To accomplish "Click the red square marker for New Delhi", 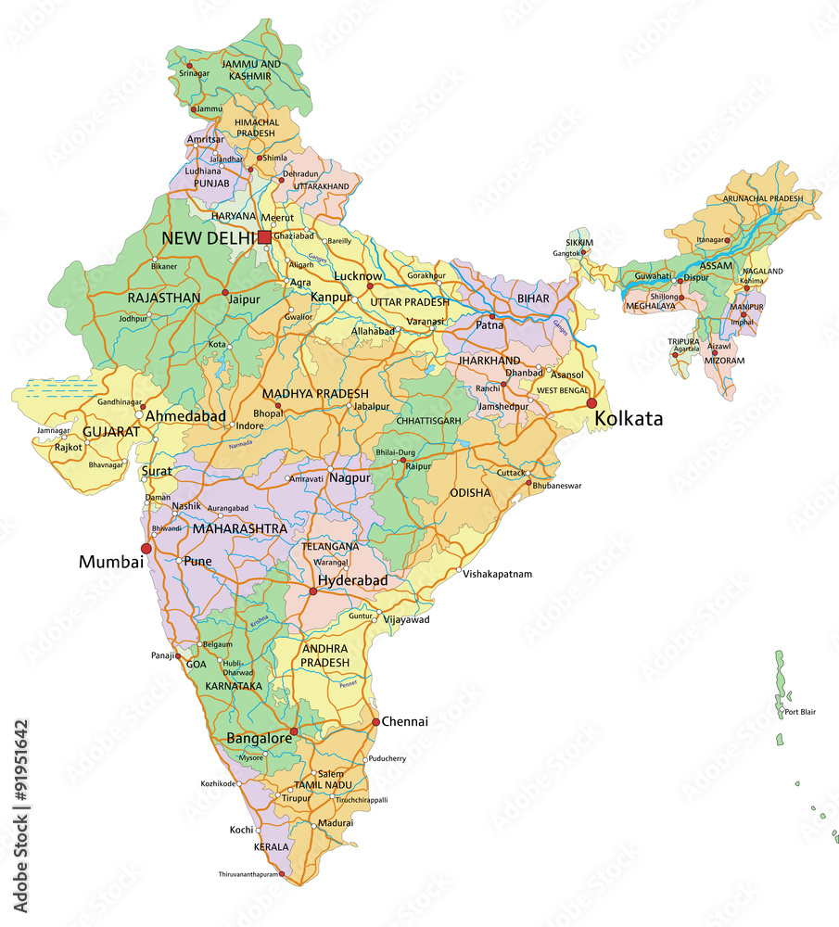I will [x=264, y=237].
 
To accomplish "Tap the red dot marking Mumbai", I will [x=146, y=549].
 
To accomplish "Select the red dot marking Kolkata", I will [x=591, y=403].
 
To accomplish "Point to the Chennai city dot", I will [x=375, y=721].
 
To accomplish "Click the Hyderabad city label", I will [x=352, y=580].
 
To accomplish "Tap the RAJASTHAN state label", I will [x=164, y=298].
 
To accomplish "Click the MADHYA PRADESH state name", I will [x=315, y=394].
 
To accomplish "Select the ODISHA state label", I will [x=470, y=493].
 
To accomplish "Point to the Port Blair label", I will [x=800, y=712].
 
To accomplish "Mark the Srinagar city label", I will [x=195, y=72].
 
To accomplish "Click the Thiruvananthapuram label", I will [x=248, y=874].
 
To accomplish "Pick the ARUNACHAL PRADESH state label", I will [x=763, y=198].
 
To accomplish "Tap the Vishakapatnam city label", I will [x=498, y=574].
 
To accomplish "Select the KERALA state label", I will [x=272, y=846].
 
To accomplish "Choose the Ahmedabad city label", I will [x=185, y=416].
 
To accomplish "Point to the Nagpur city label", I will [x=350, y=478].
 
